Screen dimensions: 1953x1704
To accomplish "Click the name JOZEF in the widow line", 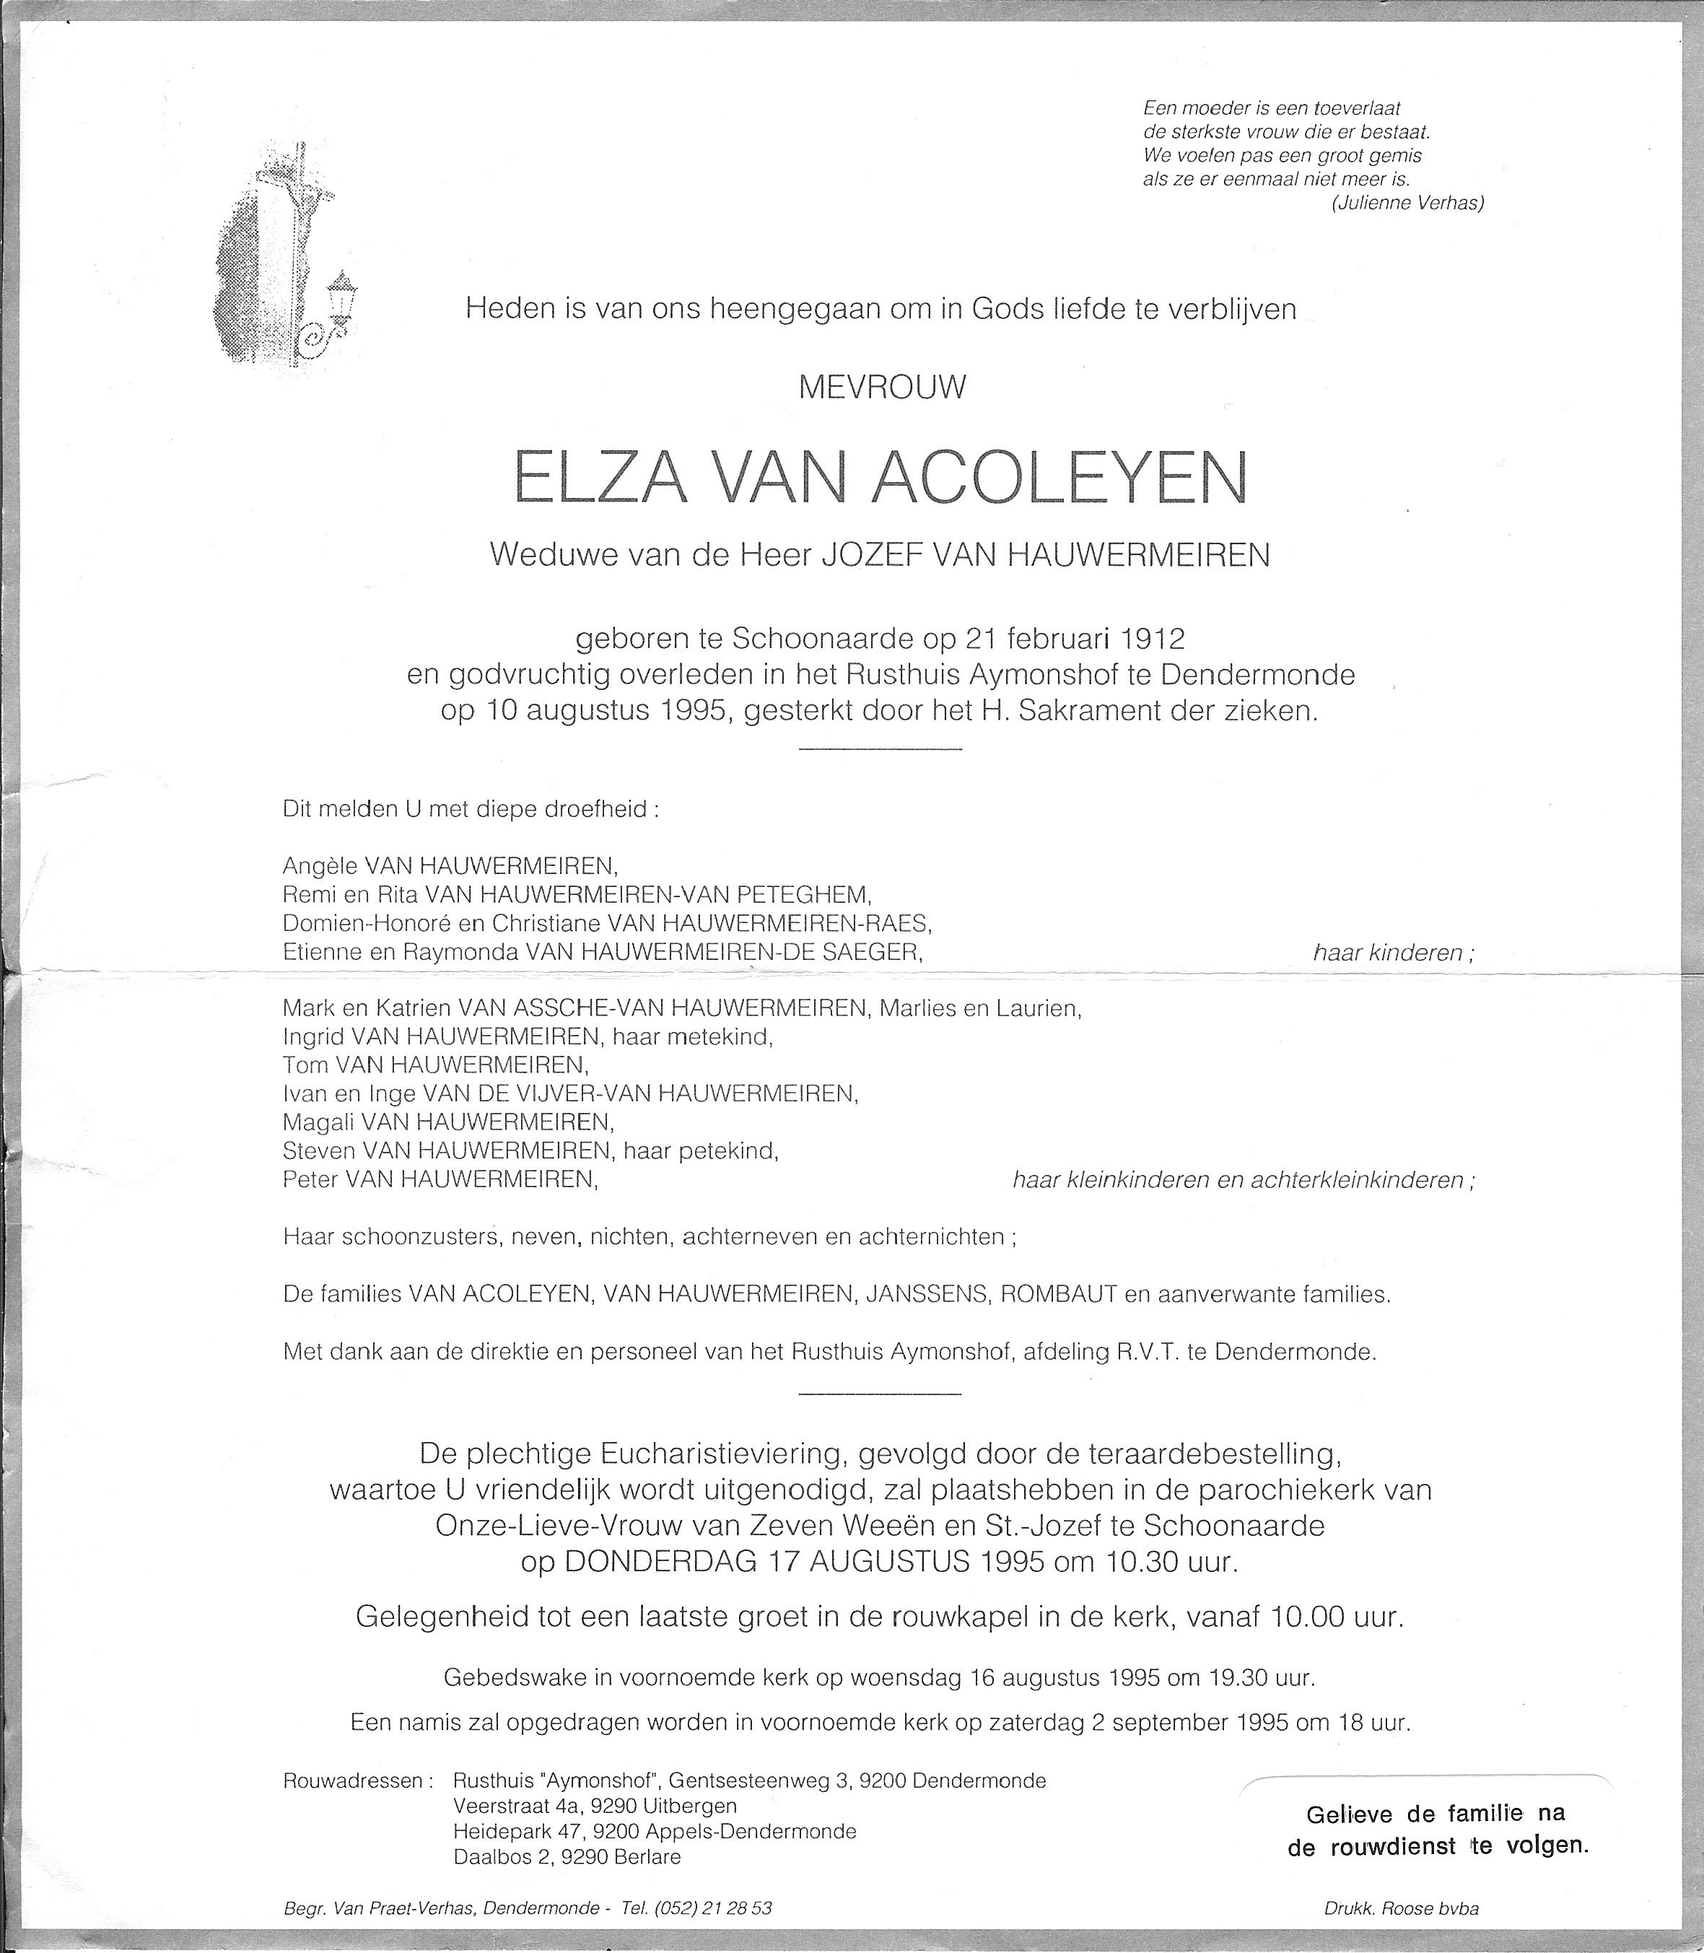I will point(872,554).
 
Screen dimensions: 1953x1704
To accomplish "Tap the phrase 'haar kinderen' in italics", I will point(1392,953).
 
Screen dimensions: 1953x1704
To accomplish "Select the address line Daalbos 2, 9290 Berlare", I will point(567,1856).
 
